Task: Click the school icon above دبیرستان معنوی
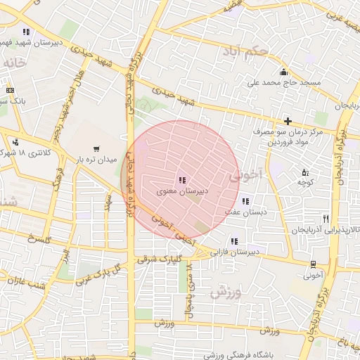pyautogui.click(x=182, y=181)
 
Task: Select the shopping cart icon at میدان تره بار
pyautogui.click(x=96, y=149)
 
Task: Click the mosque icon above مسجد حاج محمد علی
pyautogui.click(x=283, y=72)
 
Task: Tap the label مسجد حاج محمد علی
pyautogui.click(x=283, y=83)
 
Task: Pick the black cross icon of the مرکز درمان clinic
pyautogui.click(x=288, y=121)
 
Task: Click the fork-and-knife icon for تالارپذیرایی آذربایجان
pyautogui.click(x=325, y=218)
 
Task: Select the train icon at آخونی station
pyautogui.click(x=312, y=264)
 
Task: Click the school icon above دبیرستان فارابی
pyautogui.click(x=233, y=241)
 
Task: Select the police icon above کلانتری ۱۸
pyautogui.click(x=15, y=142)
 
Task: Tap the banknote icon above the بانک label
pyautogui.click(x=10, y=90)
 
